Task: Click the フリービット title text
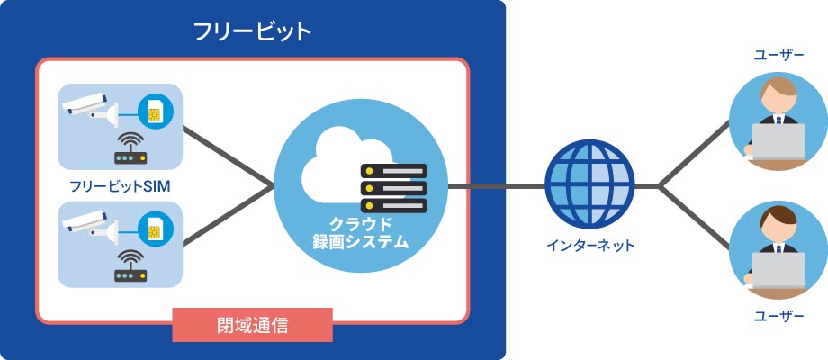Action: point(253,32)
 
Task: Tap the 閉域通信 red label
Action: point(253,325)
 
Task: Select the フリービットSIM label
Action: point(120,186)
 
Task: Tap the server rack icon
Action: point(393,188)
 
